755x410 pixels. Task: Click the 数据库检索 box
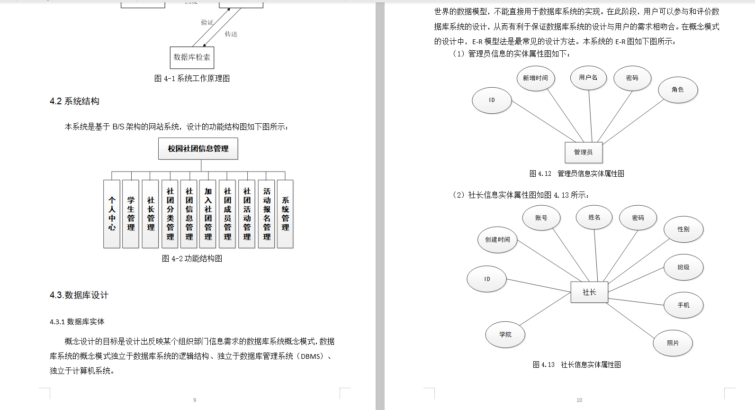click(x=192, y=57)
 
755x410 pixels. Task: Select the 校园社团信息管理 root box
click(x=198, y=149)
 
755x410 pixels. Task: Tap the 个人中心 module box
click(x=112, y=214)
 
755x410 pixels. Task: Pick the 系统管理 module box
click(x=285, y=214)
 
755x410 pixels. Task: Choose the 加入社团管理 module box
click(x=208, y=214)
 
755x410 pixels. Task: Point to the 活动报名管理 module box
click(x=267, y=214)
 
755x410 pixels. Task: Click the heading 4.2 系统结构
click(x=74, y=101)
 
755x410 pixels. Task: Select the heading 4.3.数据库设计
click(x=79, y=295)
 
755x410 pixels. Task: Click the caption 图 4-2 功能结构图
click(x=192, y=259)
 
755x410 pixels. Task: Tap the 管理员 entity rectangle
click(x=584, y=152)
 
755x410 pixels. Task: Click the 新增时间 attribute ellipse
click(x=535, y=78)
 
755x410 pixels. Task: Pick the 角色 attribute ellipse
click(x=678, y=90)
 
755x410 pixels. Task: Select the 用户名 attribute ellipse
click(x=588, y=78)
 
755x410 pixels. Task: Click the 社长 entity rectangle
click(x=589, y=292)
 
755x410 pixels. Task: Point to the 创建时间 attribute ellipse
click(x=497, y=240)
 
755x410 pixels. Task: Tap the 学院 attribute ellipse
click(x=505, y=335)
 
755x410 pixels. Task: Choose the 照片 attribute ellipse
click(x=673, y=343)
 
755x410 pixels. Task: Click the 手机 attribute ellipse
click(x=683, y=305)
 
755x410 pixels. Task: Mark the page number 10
click(x=579, y=400)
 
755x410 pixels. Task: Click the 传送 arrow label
click(x=231, y=34)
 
